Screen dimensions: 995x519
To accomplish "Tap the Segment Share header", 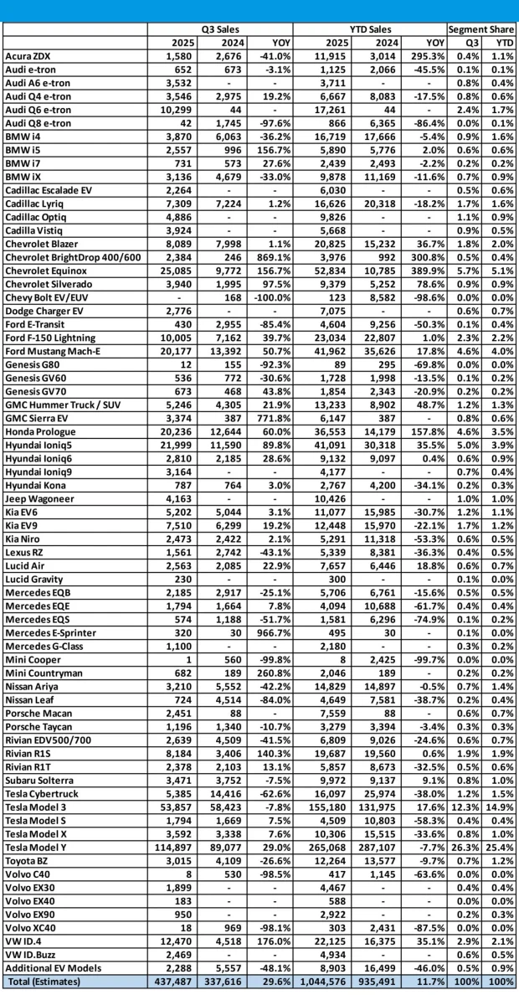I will [481, 29].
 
